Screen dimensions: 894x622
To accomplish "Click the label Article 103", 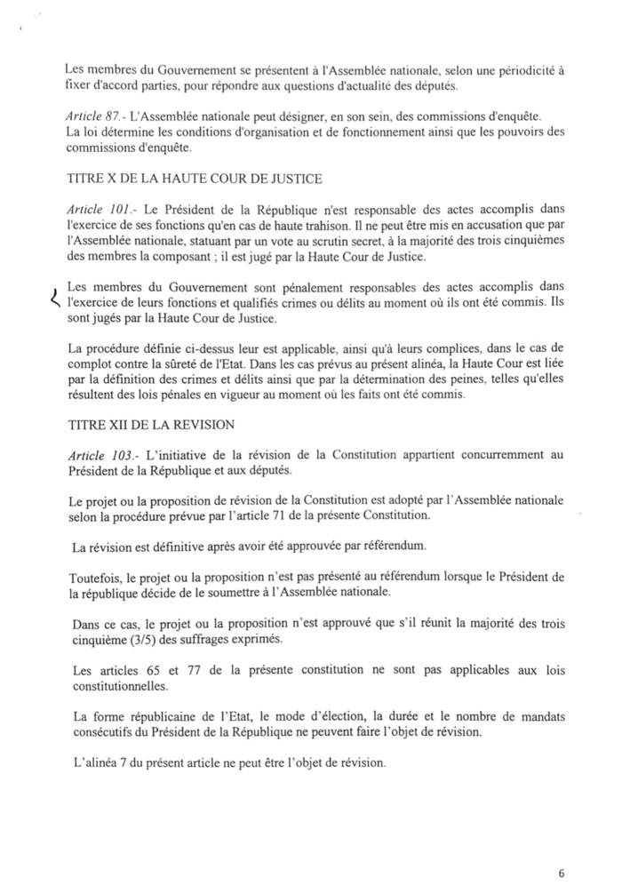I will point(98,456).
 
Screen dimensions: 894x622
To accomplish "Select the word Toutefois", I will point(94,578).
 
